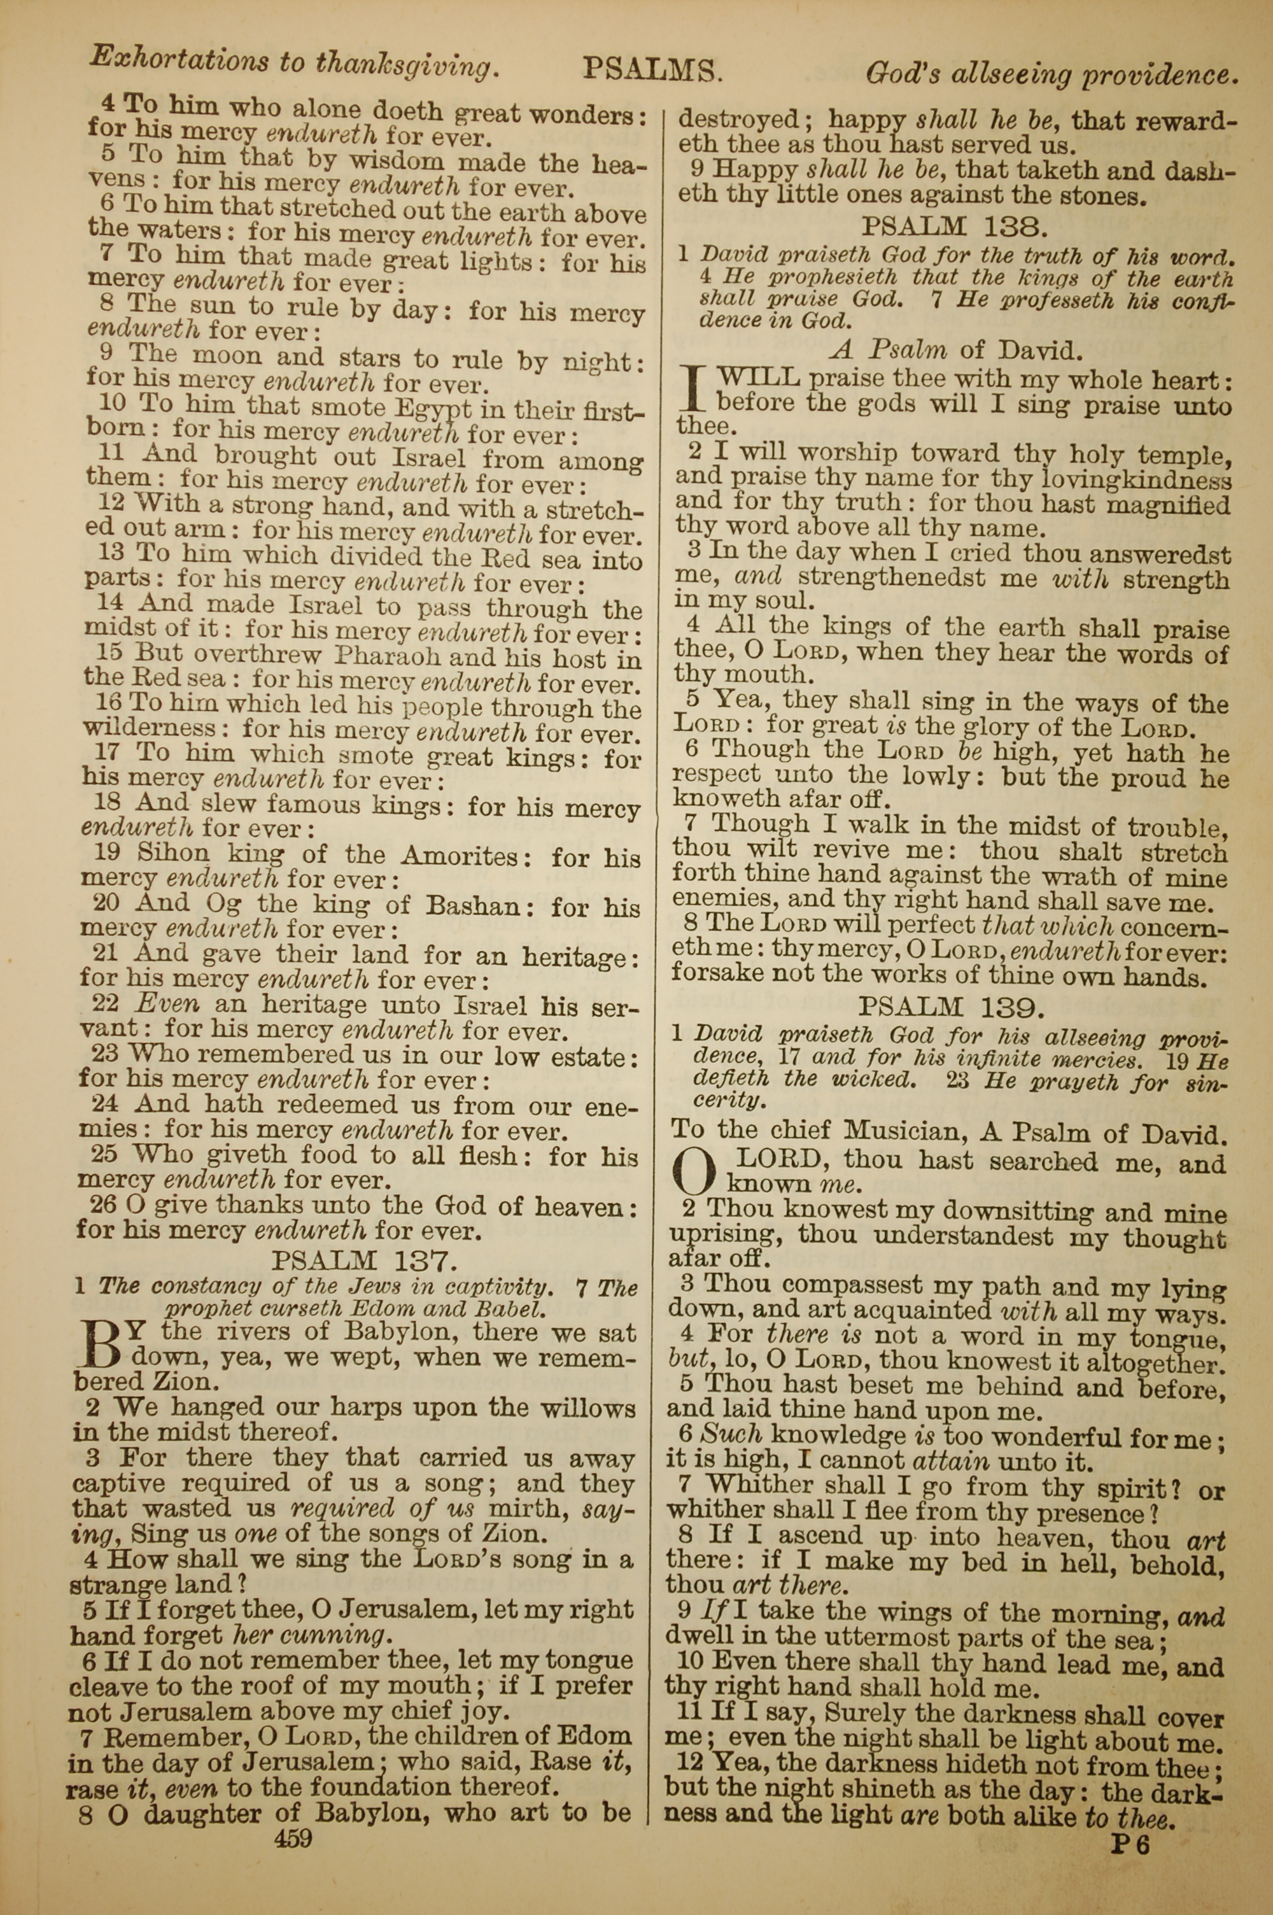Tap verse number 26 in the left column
[x=103, y=1204]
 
